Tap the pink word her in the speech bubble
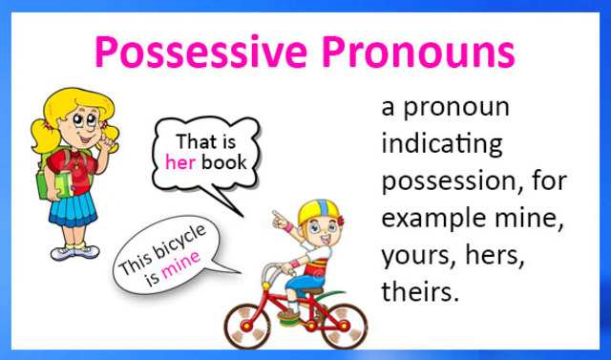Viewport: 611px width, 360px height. click(179, 161)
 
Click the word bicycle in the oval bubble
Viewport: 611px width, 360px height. click(179, 246)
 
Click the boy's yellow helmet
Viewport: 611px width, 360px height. click(314, 211)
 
